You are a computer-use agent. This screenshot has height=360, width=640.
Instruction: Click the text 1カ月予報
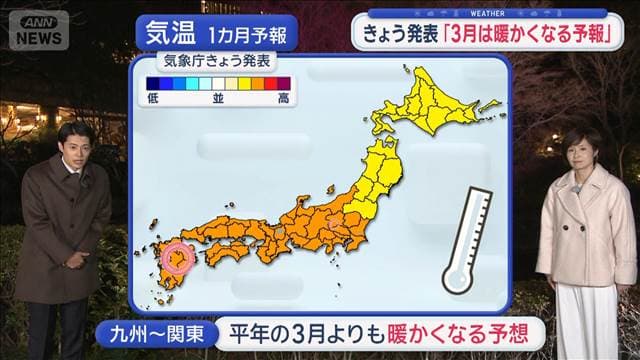point(248,34)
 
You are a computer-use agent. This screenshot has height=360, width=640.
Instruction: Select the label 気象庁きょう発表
point(217,61)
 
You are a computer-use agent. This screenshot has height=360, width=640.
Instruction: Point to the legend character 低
point(152,98)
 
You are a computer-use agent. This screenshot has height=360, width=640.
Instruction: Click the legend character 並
point(218,98)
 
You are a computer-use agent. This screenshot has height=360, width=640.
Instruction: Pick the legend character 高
point(284,98)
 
